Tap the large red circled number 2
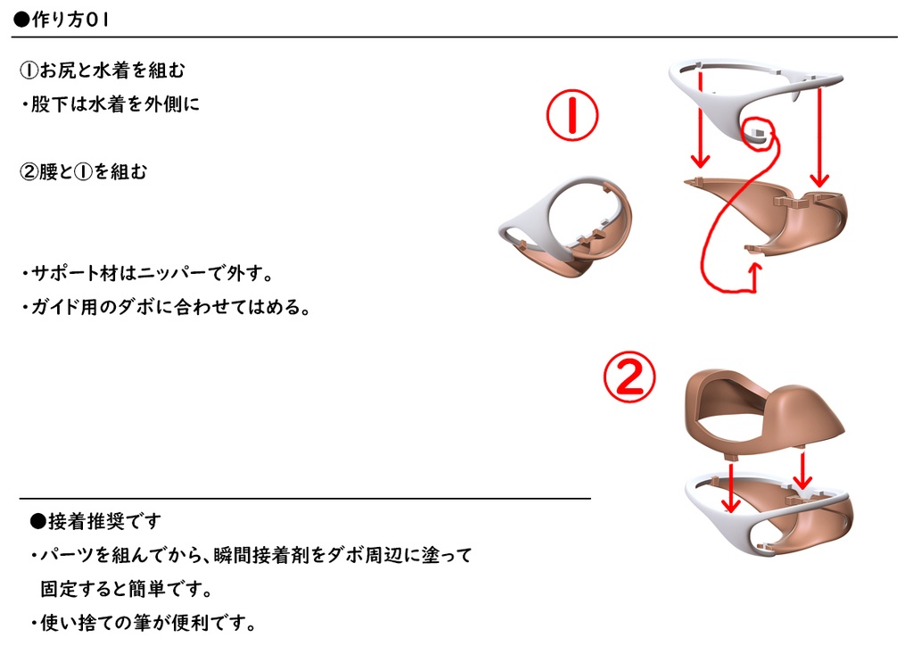click(629, 378)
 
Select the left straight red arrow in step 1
click(701, 120)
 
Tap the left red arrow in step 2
click(731, 487)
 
